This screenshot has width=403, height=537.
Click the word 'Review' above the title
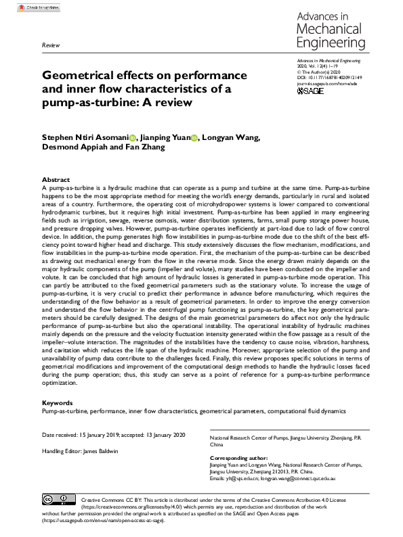(x=51, y=45)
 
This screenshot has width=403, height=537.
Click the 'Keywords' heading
(x=58, y=402)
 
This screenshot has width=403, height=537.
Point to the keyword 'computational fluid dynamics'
(x=306, y=411)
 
